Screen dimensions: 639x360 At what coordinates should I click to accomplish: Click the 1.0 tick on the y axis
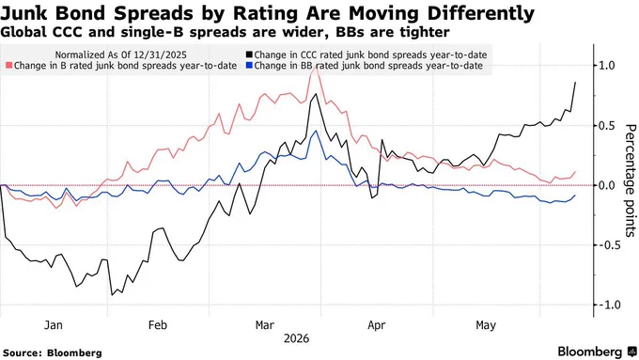click(x=606, y=65)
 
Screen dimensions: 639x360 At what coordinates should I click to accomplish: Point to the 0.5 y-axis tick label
click(x=606, y=126)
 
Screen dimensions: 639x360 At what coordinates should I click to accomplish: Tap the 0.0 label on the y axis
click(x=606, y=185)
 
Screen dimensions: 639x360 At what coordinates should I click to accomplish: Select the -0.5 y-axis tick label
click(x=605, y=245)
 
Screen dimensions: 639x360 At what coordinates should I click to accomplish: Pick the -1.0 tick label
click(x=605, y=305)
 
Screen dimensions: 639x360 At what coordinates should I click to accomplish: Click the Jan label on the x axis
click(x=54, y=325)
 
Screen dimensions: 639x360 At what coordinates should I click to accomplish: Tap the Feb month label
click(x=158, y=325)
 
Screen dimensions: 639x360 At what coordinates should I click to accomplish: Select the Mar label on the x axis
click(x=264, y=325)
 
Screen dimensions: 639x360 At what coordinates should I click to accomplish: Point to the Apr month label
click(x=376, y=325)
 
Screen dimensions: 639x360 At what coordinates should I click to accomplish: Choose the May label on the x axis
click(x=486, y=325)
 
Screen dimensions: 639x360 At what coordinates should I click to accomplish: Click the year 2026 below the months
click(x=297, y=338)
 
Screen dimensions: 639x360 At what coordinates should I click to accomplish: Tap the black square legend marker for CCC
click(x=249, y=55)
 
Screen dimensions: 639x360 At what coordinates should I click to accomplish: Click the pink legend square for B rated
click(x=9, y=66)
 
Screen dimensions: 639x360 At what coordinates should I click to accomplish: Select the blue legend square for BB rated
click(x=249, y=66)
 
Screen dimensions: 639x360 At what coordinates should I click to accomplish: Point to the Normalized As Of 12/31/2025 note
click(x=121, y=55)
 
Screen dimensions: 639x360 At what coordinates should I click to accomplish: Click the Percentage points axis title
click(x=630, y=180)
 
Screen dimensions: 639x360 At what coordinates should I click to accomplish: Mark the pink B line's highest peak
click(x=315, y=67)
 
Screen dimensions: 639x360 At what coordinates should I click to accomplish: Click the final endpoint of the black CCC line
click(x=575, y=83)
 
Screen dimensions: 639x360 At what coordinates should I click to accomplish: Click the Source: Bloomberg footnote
click(x=53, y=352)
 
